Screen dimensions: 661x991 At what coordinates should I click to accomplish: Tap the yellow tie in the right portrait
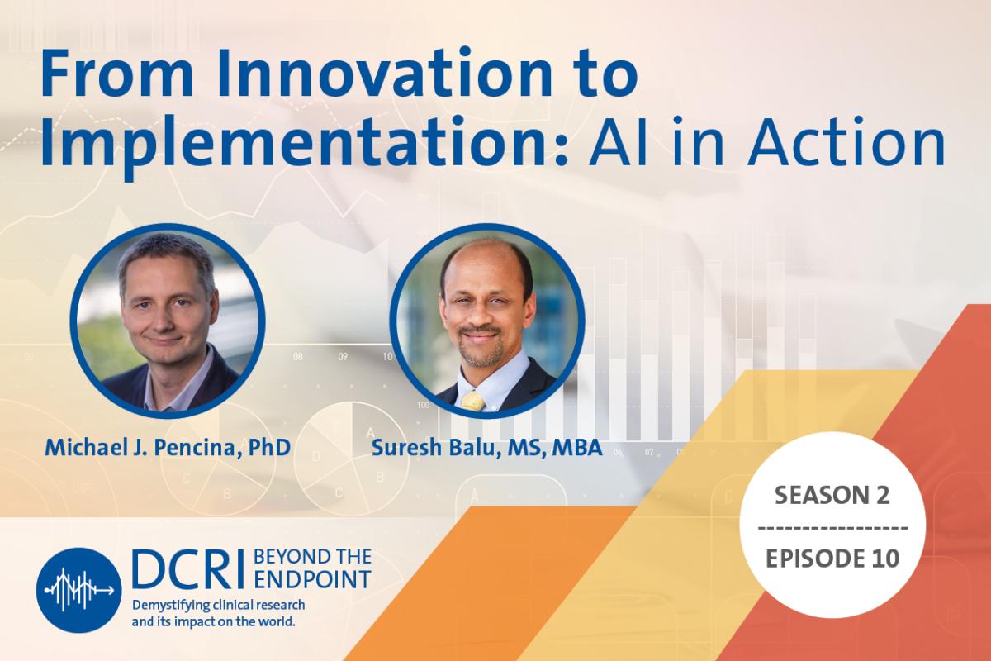(472, 401)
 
